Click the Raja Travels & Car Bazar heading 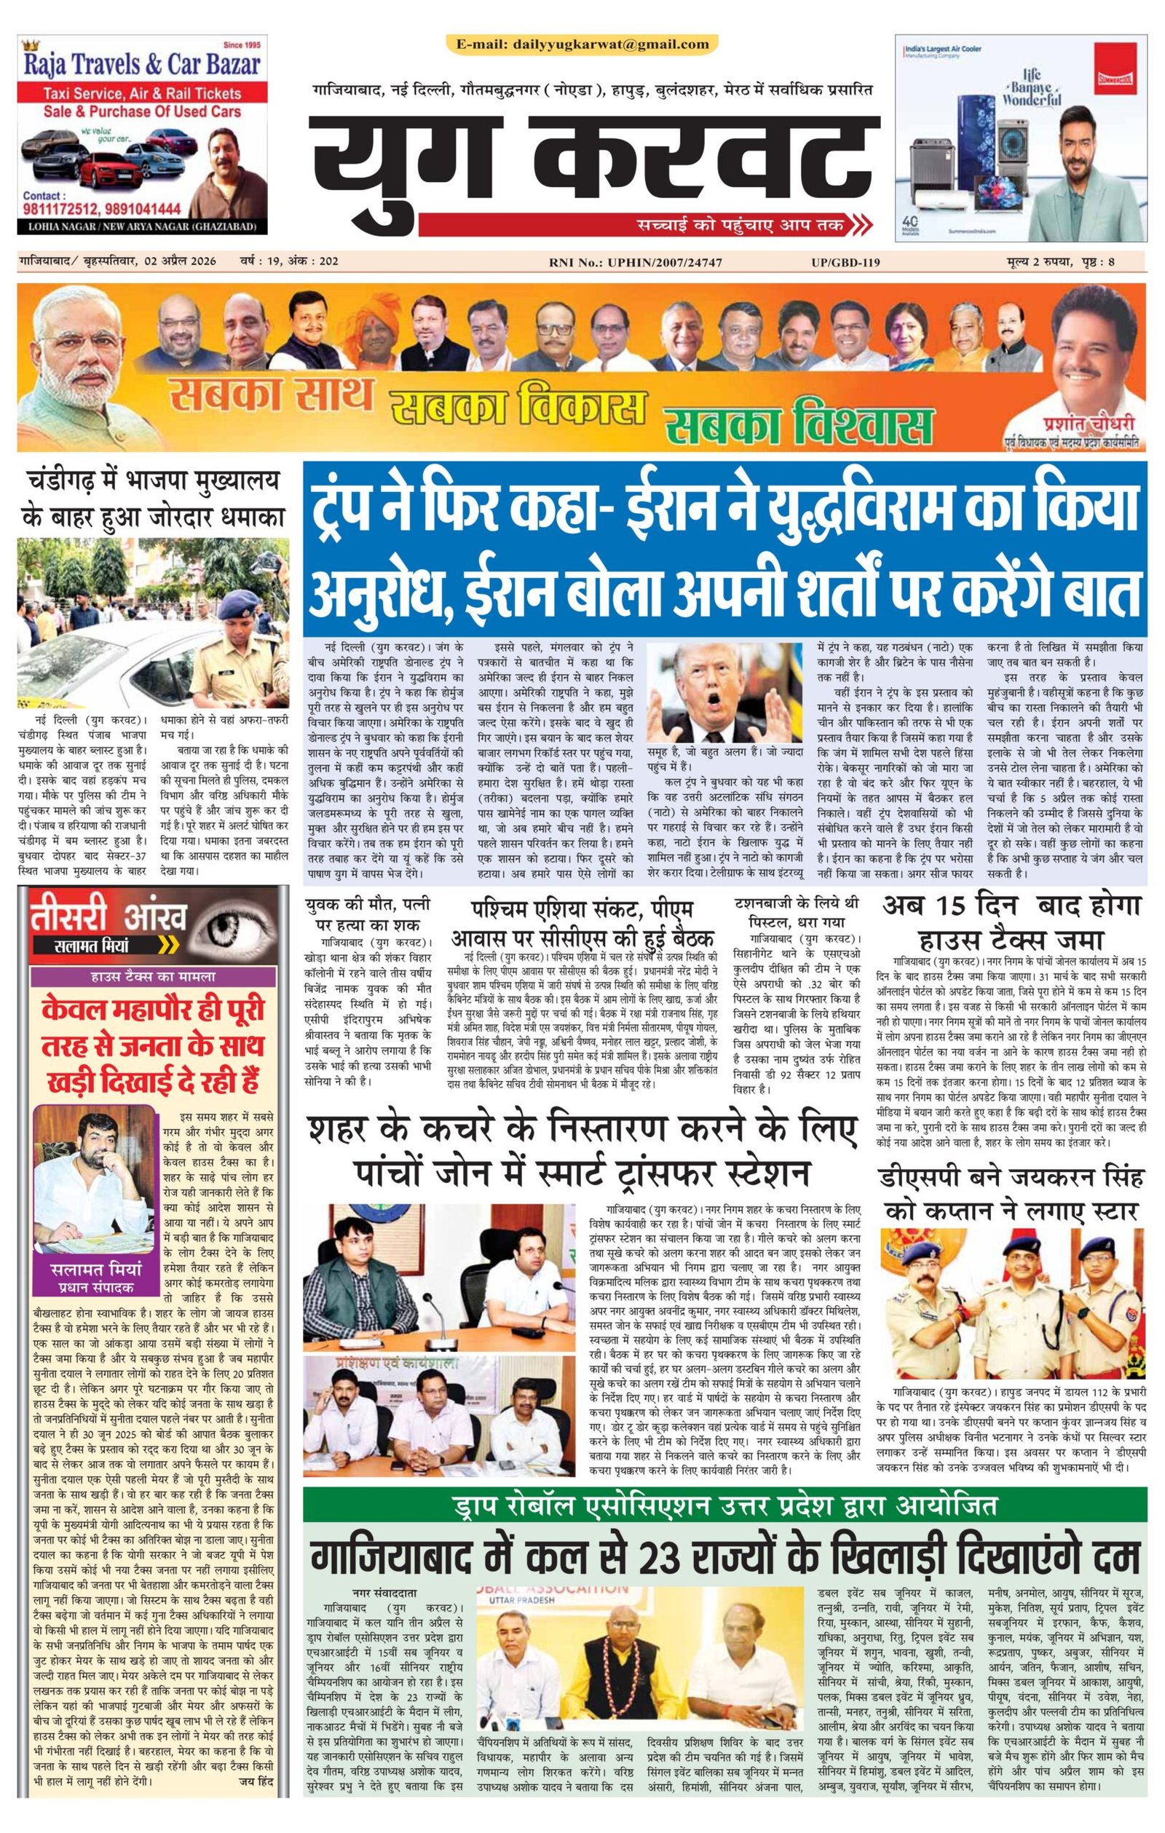143,66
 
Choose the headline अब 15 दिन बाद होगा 1012,921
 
